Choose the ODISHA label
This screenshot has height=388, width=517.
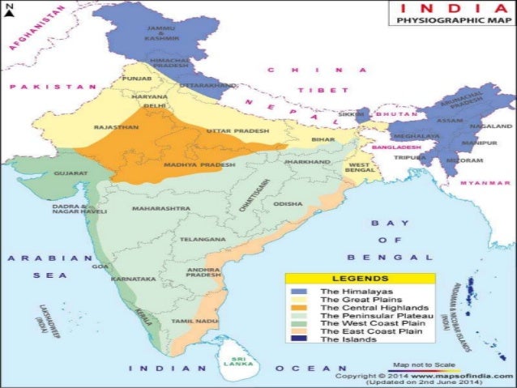point(288,204)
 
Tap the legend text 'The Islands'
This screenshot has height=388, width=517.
point(348,339)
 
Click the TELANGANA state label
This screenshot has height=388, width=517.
point(203,240)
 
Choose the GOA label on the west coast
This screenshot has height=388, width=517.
point(101,266)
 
